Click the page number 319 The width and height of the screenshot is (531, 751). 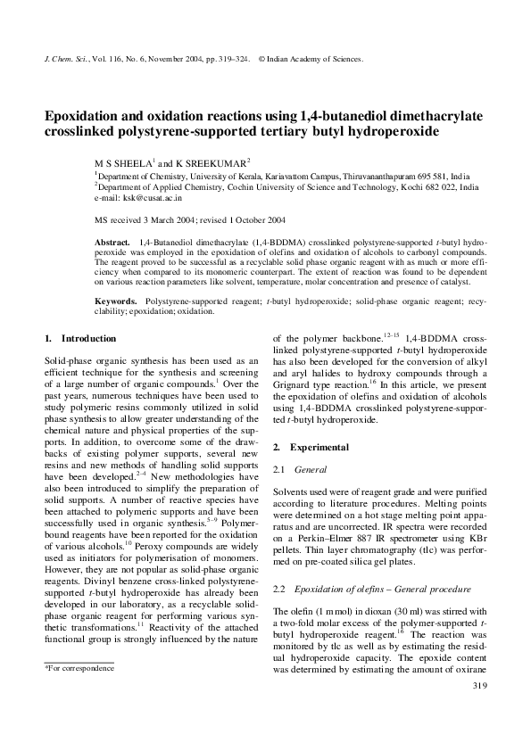[477, 710]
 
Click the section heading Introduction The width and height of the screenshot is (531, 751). [88, 339]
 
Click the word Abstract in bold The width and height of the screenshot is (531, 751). [112, 243]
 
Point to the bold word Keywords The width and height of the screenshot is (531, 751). [116, 303]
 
